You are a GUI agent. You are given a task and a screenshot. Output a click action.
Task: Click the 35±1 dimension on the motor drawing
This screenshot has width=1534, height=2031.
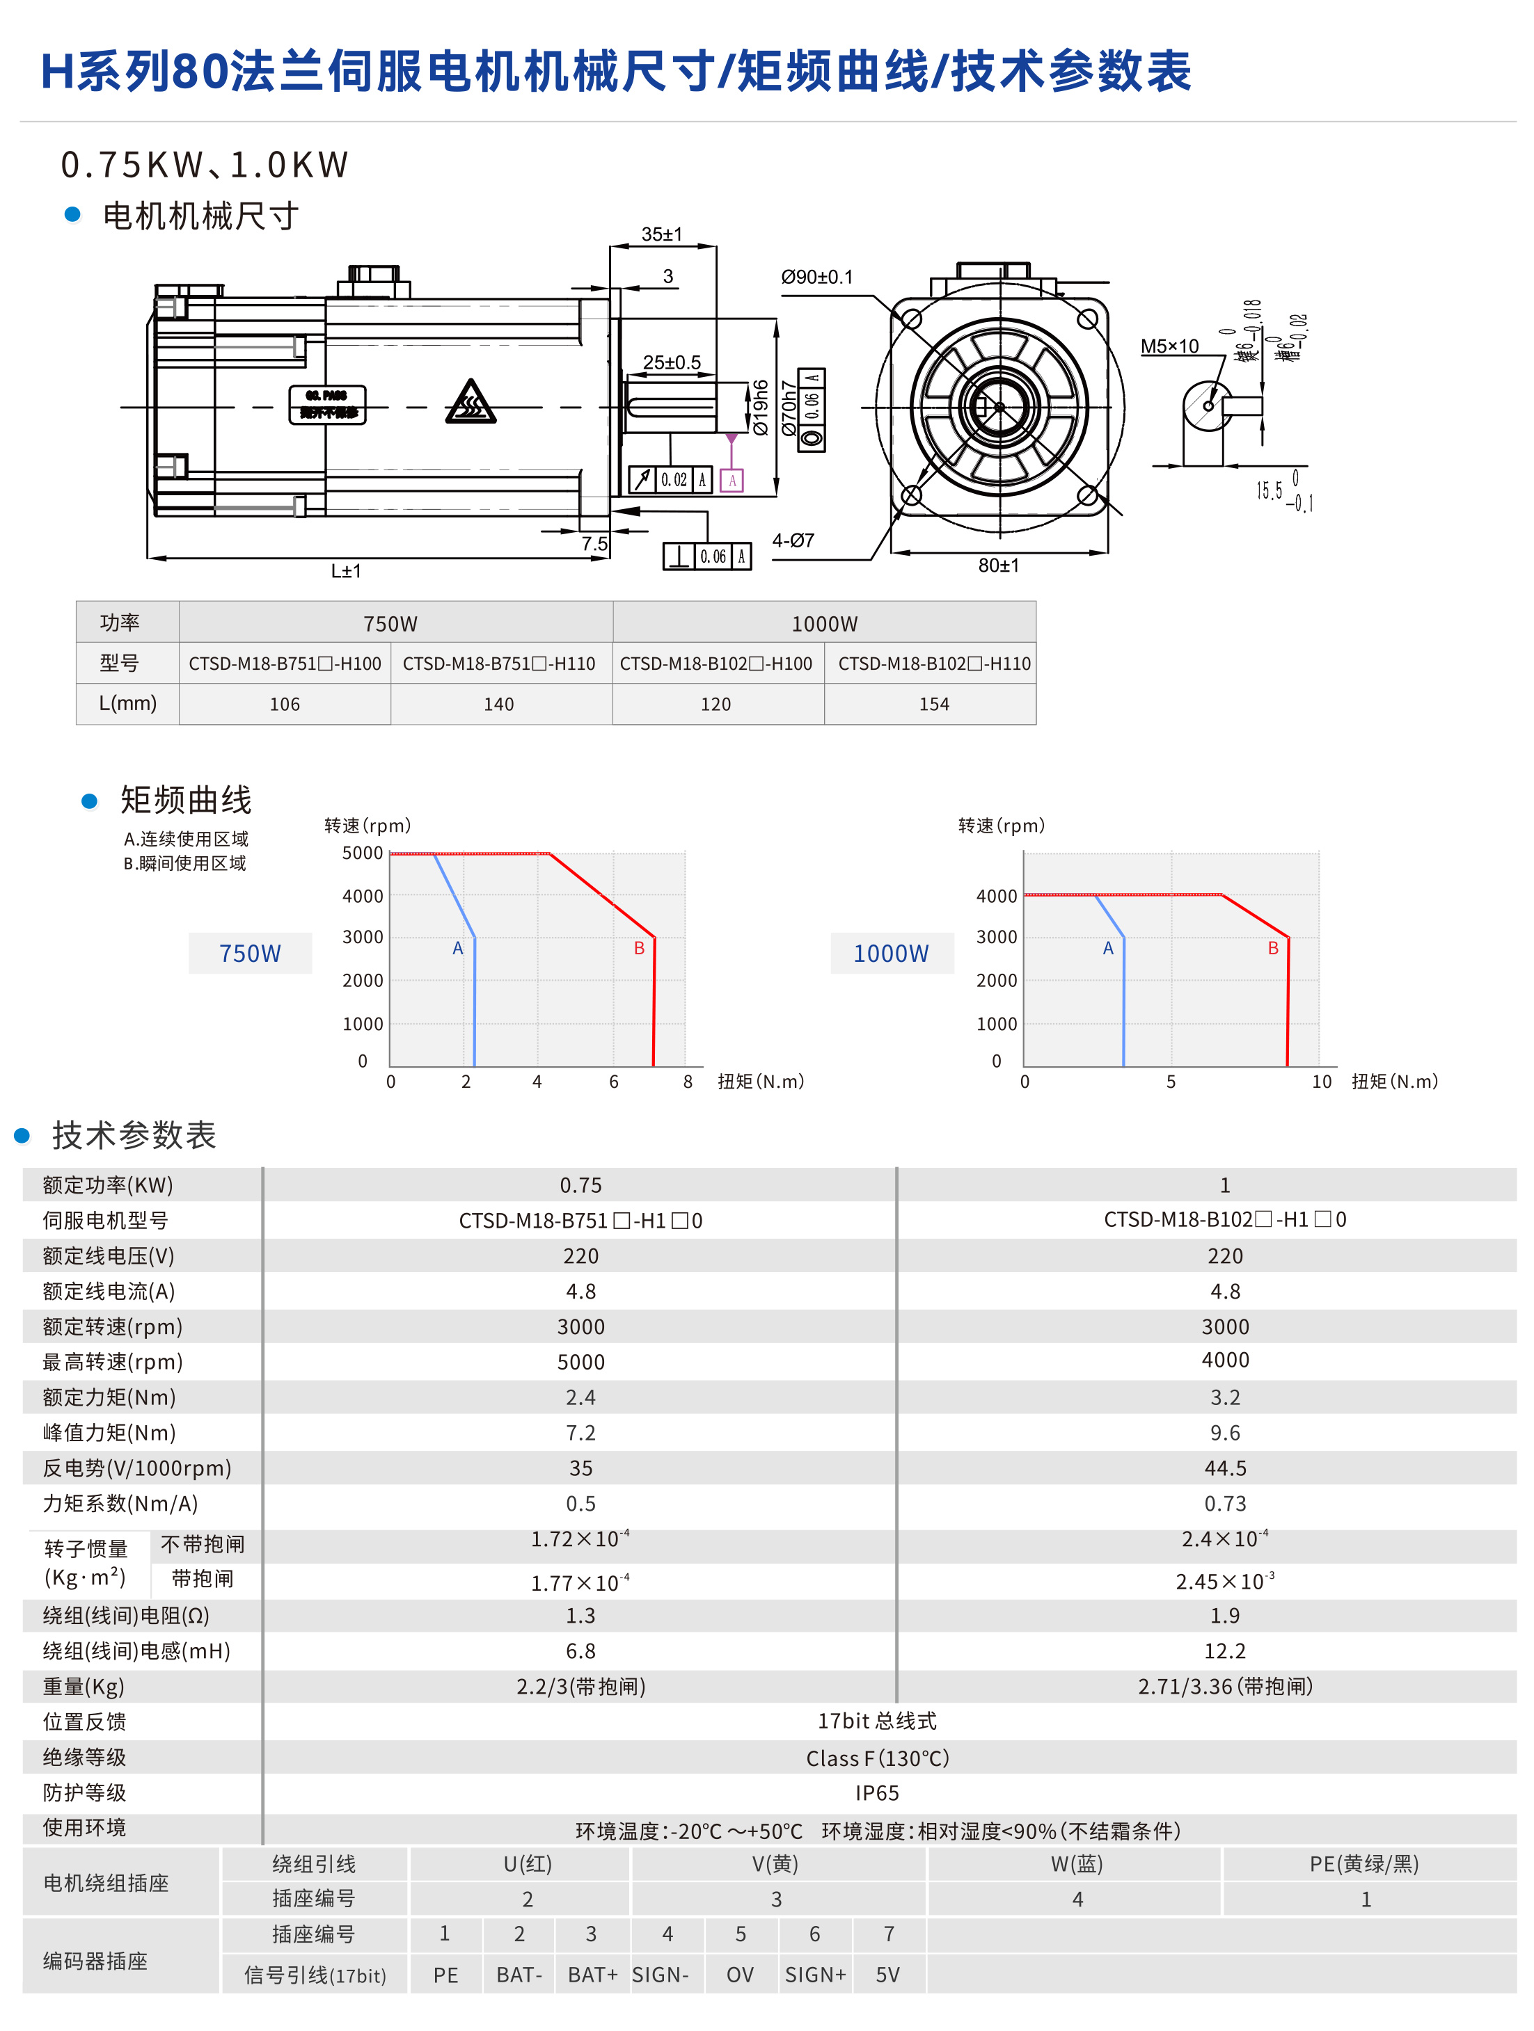click(661, 234)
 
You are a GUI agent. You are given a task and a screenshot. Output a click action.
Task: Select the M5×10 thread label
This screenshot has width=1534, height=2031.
click(1169, 346)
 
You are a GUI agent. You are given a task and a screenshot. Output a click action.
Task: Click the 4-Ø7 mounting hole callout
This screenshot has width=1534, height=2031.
click(793, 541)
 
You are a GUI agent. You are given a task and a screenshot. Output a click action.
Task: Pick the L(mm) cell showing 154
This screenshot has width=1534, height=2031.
click(933, 704)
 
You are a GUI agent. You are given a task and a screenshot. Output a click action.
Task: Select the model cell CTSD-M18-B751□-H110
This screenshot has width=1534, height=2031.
click(499, 664)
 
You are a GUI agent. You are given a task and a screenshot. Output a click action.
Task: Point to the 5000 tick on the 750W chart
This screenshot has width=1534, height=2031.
click(362, 853)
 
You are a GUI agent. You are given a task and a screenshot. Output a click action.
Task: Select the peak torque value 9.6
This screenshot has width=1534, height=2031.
click(1224, 1432)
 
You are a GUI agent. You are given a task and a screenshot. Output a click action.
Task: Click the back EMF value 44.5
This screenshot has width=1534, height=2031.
click(1224, 1468)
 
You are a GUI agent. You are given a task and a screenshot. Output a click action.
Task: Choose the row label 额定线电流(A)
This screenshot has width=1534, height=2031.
click(109, 1291)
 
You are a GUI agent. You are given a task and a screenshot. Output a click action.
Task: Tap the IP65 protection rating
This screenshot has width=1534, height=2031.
click(876, 1793)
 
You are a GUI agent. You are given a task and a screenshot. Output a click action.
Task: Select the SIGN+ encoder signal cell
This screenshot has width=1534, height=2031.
click(815, 1975)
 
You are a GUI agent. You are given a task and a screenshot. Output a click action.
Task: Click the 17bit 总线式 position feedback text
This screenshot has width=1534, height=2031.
click(876, 1721)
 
